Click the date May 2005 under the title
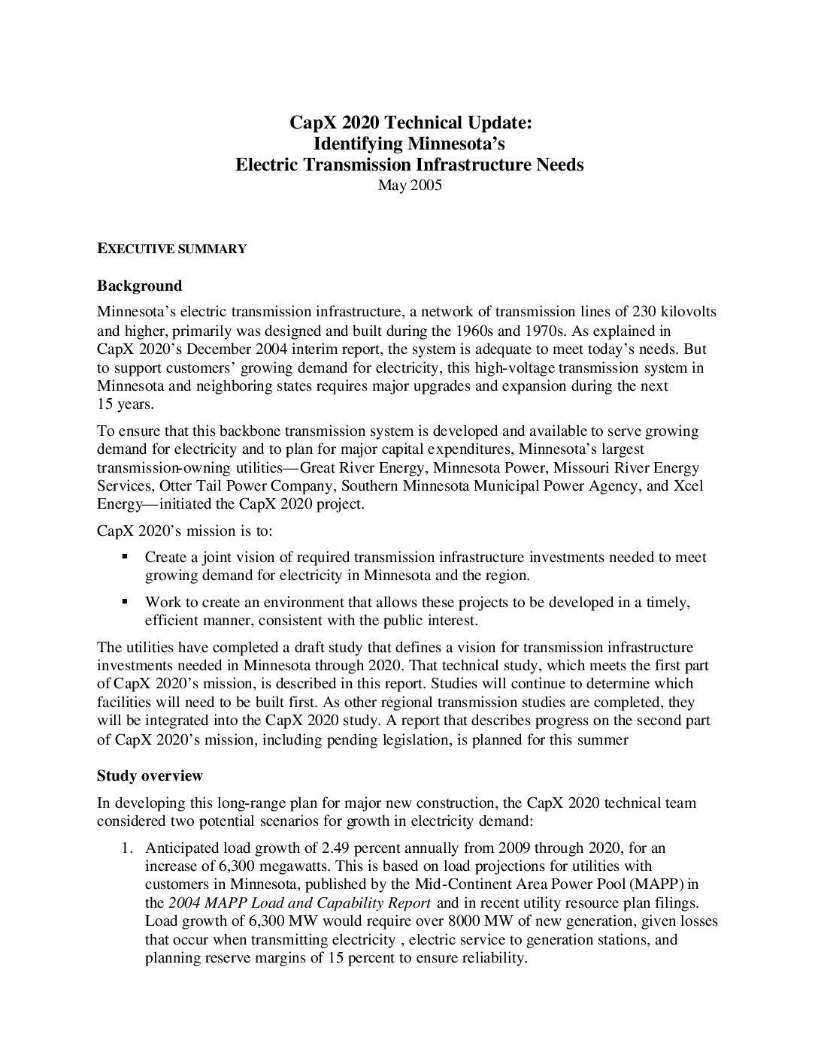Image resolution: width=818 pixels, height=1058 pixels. (409, 186)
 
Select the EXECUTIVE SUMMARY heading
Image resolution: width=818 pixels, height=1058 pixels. (171, 249)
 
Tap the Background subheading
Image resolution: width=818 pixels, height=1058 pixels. (139, 286)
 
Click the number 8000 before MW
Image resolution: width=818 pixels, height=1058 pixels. (469, 921)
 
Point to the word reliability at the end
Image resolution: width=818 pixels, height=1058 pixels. (492, 958)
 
